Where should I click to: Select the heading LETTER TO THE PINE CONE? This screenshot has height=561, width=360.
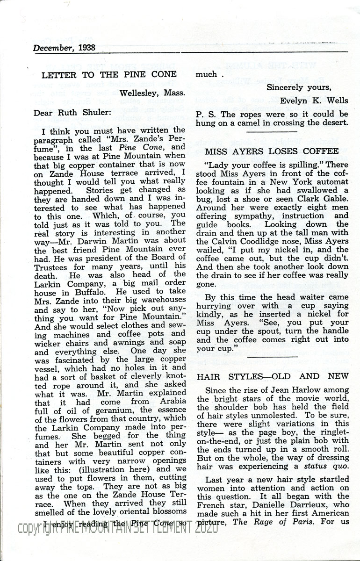[x=109, y=74]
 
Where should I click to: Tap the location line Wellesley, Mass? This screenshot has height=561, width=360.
[x=152, y=93]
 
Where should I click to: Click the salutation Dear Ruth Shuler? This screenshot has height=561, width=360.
[x=71, y=112]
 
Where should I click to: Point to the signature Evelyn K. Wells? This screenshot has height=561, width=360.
[x=314, y=101]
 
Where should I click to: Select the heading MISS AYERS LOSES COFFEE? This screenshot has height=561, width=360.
[x=272, y=151]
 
